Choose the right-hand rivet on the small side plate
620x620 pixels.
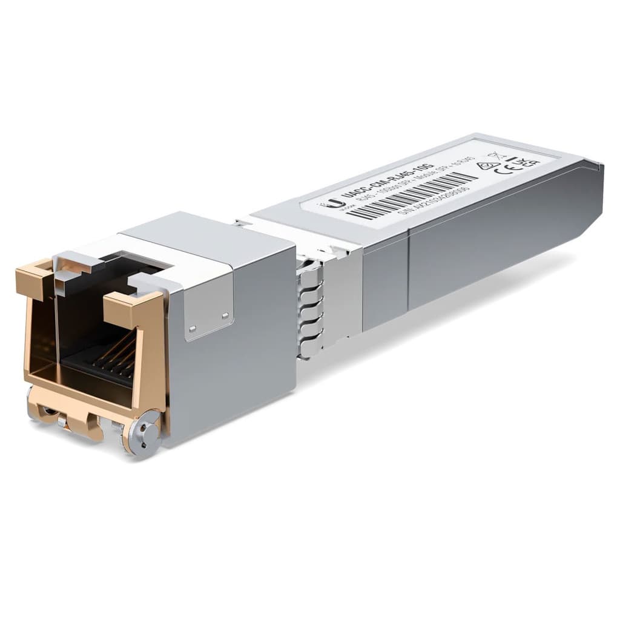click(x=225, y=315)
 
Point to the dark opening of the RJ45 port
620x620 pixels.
click(x=91, y=327)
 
